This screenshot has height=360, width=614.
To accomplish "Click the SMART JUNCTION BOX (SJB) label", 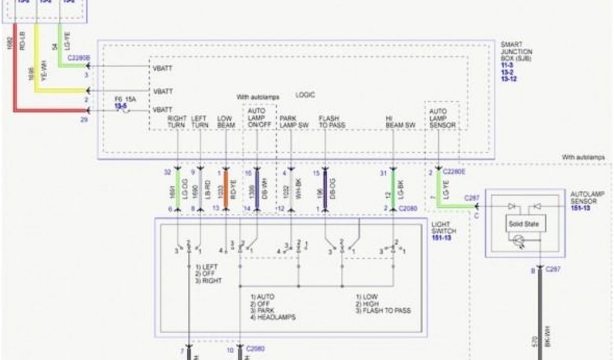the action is pos(516,52).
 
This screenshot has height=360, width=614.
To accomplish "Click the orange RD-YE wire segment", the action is pos(226,189).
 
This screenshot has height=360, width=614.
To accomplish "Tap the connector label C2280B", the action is pos(79,58).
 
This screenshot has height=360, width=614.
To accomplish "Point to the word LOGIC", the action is pos(305,95).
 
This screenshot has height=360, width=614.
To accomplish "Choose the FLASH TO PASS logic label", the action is pos(330,122).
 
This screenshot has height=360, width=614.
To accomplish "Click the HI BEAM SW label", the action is pos(401,122).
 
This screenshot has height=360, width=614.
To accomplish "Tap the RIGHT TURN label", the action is pos(177,122).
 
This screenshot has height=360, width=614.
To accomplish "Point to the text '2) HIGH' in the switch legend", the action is pos(368,304).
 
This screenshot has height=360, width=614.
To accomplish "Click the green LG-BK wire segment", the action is pos(393,189).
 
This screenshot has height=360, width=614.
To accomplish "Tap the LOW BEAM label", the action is pos(225,122).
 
